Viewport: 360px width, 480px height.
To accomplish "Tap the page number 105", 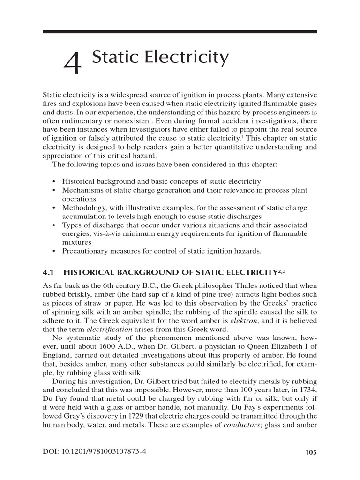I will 311,452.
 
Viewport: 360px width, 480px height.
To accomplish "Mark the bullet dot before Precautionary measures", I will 55,251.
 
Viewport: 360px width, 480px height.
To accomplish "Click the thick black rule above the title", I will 180,32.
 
